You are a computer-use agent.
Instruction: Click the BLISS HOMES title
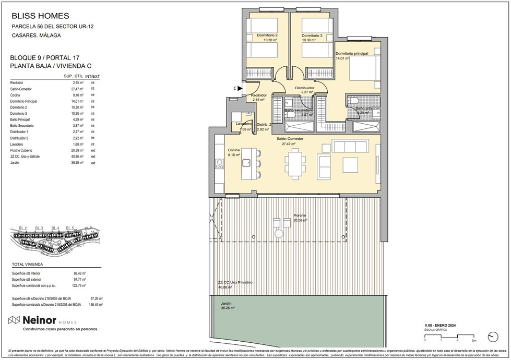40,16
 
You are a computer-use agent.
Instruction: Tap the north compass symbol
492,337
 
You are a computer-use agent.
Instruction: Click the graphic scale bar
449,335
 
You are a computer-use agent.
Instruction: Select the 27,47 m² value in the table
78,89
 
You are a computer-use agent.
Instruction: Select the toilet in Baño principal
352,101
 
